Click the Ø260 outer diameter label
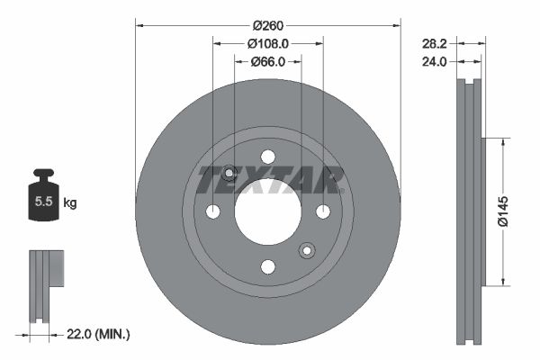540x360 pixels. pos(267,24)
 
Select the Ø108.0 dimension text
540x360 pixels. pos(267,42)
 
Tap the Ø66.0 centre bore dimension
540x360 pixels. pos(267,61)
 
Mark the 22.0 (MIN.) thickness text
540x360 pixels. pos(98,335)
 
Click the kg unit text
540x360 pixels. pos(69,203)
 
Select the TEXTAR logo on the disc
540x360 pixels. pos(267,179)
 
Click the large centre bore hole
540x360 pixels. pos(267,211)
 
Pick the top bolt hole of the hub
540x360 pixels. pos(267,157)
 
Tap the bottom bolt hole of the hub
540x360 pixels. pos(267,266)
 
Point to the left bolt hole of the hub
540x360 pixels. pos(212,211)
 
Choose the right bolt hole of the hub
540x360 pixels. pos(322,211)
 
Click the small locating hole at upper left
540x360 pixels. pos(229,173)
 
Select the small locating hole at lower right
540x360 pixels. pos(306,250)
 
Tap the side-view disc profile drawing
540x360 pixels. pos(471,211)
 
